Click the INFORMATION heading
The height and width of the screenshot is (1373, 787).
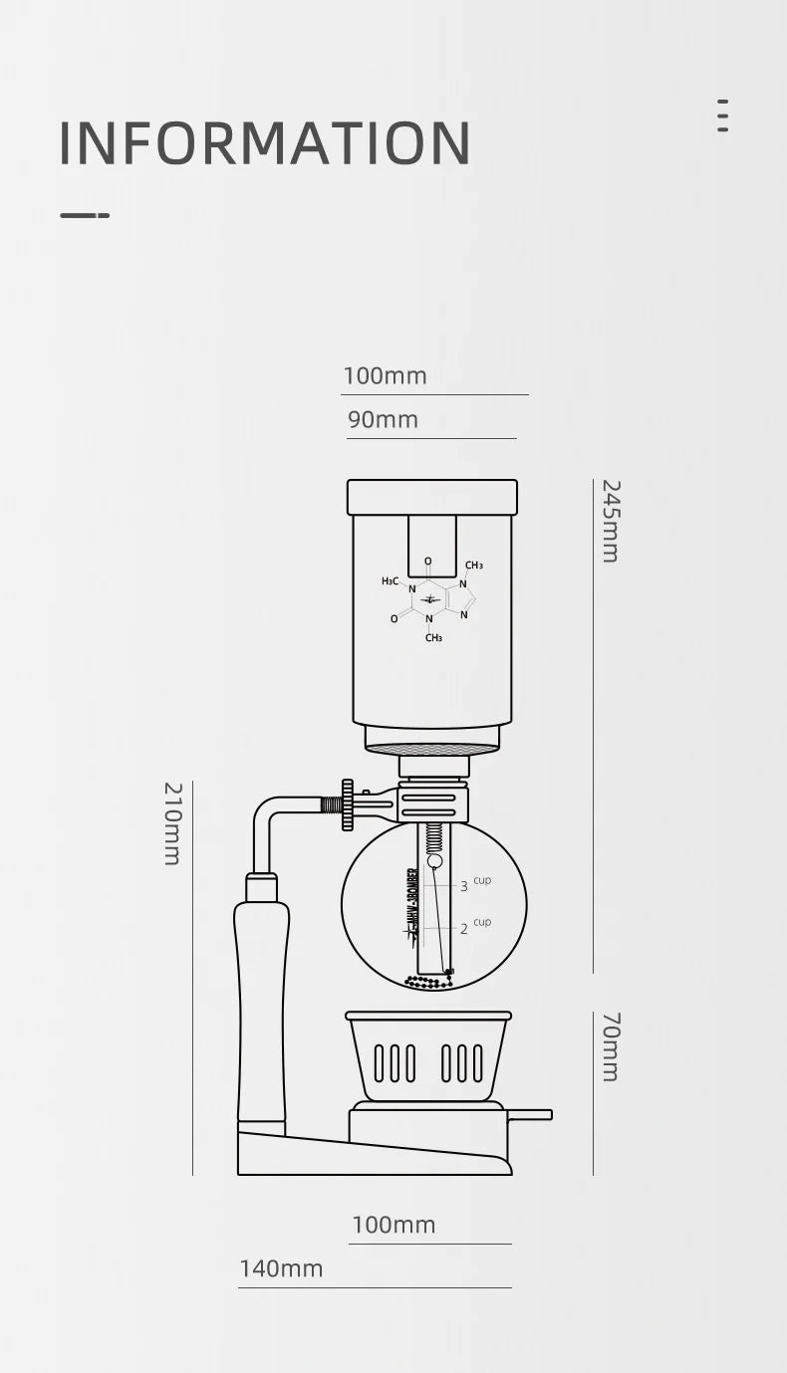pyautogui.click(x=264, y=143)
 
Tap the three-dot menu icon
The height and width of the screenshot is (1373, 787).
pyautogui.click(x=722, y=115)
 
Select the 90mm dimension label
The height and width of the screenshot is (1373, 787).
pyautogui.click(x=383, y=420)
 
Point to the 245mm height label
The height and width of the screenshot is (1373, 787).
pyautogui.click(x=610, y=521)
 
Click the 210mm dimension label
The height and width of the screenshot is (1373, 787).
pyautogui.click(x=171, y=823)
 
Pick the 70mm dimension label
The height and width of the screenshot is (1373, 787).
pyautogui.click(x=610, y=1046)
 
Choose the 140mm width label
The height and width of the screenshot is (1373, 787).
pyautogui.click(x=281, y=1268)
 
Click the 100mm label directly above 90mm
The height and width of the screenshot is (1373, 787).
pyautogui.click(x=385, y=376)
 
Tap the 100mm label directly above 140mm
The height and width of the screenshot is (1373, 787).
pyautogui.click(x=393, y=1225)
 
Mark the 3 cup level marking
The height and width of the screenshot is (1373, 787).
pyautogui.click(x=473, y=884)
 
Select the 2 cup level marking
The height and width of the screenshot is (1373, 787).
pyautogui.click(x=473, y=927)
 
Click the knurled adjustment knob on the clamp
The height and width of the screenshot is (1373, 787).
pyautogui.click(x=347, y=804)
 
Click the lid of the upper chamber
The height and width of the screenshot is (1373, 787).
pyautogui.click(x=432, y=497)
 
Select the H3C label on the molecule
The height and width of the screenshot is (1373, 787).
pyautogui.click(x=390, y=581)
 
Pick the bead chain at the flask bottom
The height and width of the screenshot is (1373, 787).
pyautogui.click(x=429, y=982)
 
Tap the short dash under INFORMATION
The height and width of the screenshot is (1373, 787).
pyautogui.click(x=85, y=215)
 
